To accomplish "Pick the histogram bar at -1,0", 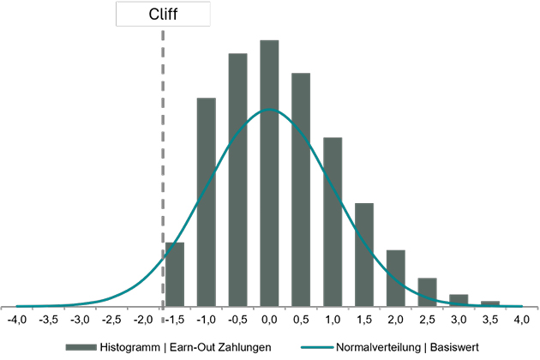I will coord(207,201).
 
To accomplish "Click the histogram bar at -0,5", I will coord(238,179).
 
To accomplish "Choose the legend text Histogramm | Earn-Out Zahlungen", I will coord(187,346).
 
